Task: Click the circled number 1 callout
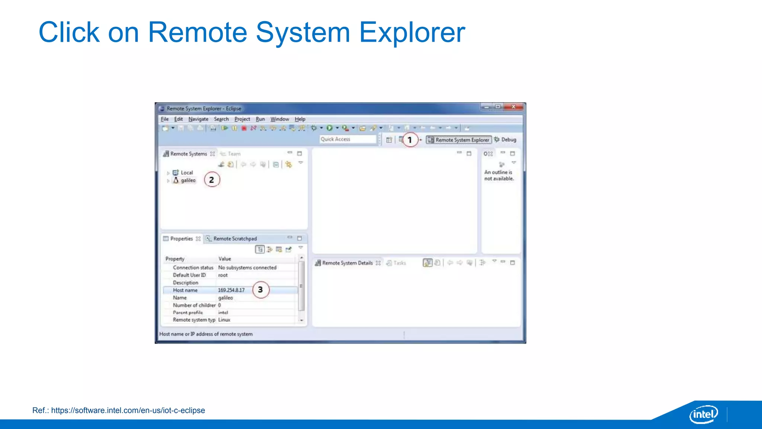410,140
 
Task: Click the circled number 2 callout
212,180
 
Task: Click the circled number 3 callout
260,290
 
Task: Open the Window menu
279,119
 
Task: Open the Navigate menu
198,119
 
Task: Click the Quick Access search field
348,139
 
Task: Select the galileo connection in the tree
188,180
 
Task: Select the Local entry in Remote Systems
186,173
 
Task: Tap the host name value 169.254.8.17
231,290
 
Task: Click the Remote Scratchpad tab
234,239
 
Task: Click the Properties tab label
181,239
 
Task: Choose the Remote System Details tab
347,263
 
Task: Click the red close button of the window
513,107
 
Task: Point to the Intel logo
704,414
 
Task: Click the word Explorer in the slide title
412,33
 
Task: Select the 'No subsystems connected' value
247,268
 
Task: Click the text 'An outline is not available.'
499,175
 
